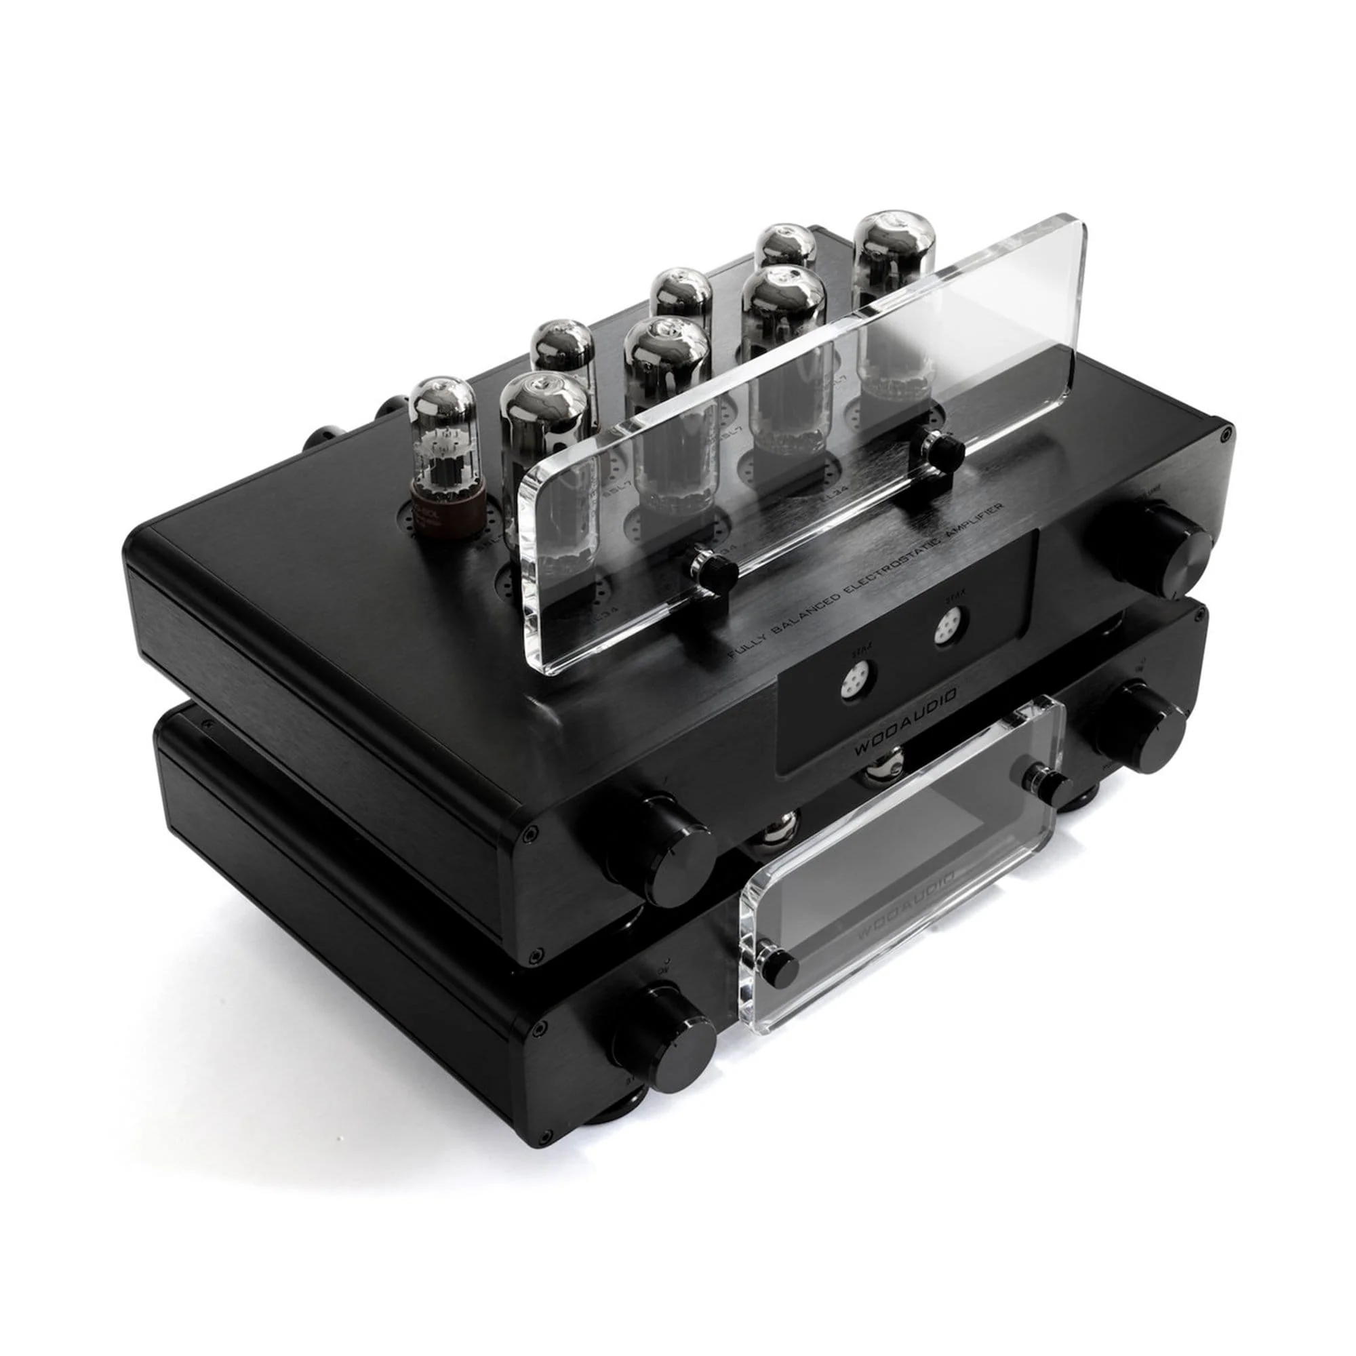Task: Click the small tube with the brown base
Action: (x=445, y=450)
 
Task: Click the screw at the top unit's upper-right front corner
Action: (x=1223, y=436)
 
